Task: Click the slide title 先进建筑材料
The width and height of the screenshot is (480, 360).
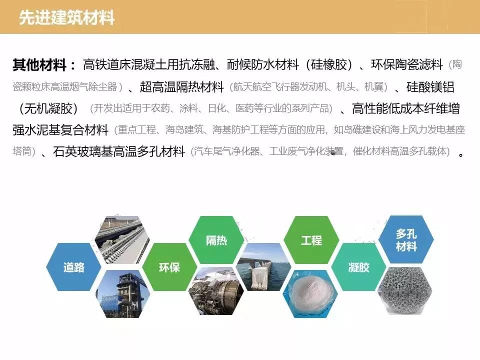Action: click(66, 17)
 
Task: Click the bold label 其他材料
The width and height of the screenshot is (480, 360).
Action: click(39, 65)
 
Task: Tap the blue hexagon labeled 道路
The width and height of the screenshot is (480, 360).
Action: click(74, 267)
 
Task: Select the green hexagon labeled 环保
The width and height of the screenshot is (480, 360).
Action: click(169, 267)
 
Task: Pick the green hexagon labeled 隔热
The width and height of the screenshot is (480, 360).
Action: click(216, 240)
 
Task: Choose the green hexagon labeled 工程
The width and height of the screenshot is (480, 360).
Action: click(311, 240)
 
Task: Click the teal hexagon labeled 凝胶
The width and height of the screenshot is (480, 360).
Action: click(359, 267)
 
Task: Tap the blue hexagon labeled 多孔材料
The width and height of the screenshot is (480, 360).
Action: click(406, 239)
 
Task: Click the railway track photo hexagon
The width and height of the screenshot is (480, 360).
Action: click(122, 240)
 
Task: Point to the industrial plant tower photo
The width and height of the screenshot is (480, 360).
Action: click(123, 294)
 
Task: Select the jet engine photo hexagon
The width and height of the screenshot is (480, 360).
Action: click(216, 291)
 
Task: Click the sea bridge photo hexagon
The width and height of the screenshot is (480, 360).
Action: click(264, 267)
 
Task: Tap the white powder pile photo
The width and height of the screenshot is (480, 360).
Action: click(310, 294)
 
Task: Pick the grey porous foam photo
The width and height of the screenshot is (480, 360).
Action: click(405, 291)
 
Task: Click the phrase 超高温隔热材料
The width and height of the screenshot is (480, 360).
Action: click(182, 87)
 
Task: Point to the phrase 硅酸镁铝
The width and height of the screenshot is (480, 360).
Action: click(430, 87)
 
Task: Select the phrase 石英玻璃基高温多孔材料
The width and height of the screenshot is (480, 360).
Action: click(119, 151)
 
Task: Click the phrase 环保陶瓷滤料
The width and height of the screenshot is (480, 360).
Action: click(407, 65)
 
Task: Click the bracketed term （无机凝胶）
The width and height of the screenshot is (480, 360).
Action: click(48, 108)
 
